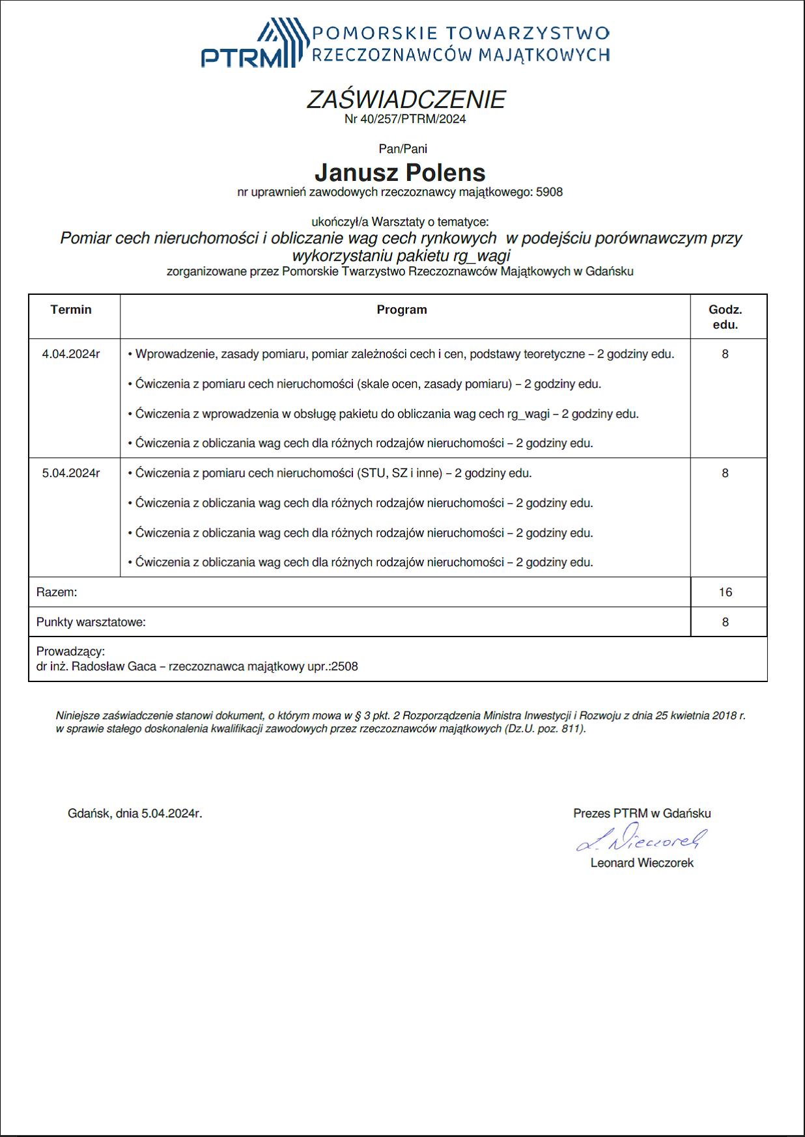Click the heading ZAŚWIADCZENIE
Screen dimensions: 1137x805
[405, 100]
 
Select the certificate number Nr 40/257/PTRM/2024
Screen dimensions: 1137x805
[405, 119]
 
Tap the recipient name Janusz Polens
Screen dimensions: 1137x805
[400, 172]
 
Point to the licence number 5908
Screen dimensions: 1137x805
[549, 193]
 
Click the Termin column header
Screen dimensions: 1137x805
[71, 310]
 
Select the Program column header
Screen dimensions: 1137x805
[402, 310]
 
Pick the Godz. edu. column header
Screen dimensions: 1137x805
[725, 317]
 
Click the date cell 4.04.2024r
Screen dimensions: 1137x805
[71, 355]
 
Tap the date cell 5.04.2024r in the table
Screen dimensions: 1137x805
[71, 474]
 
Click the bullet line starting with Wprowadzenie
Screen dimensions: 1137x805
[401, 355]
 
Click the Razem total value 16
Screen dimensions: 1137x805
[726, 592]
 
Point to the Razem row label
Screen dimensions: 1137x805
[57, 592]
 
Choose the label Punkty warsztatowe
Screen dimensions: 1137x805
[91, 622]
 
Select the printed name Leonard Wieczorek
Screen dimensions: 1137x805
[642, 863]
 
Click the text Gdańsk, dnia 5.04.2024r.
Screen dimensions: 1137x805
[135, 814]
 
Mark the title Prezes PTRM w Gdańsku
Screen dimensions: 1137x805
[642, 814]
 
